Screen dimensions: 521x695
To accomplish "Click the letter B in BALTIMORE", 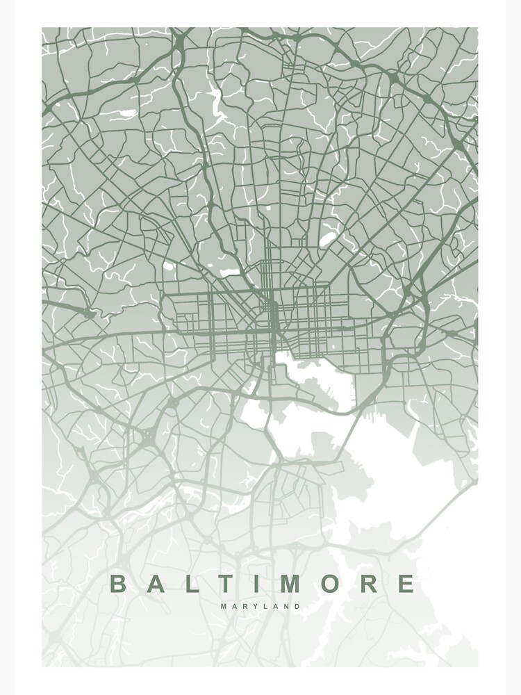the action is click(119, 584).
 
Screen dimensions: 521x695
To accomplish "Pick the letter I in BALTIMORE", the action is click(253, 584).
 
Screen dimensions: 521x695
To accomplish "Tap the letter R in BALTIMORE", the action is click(369, 584).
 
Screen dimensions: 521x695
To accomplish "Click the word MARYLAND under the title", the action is click(261, 606).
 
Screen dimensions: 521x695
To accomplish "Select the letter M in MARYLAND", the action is click(224, 606).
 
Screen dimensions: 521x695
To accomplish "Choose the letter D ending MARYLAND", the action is click(298, 606).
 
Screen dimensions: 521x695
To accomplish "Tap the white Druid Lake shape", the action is click(226, 272).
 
